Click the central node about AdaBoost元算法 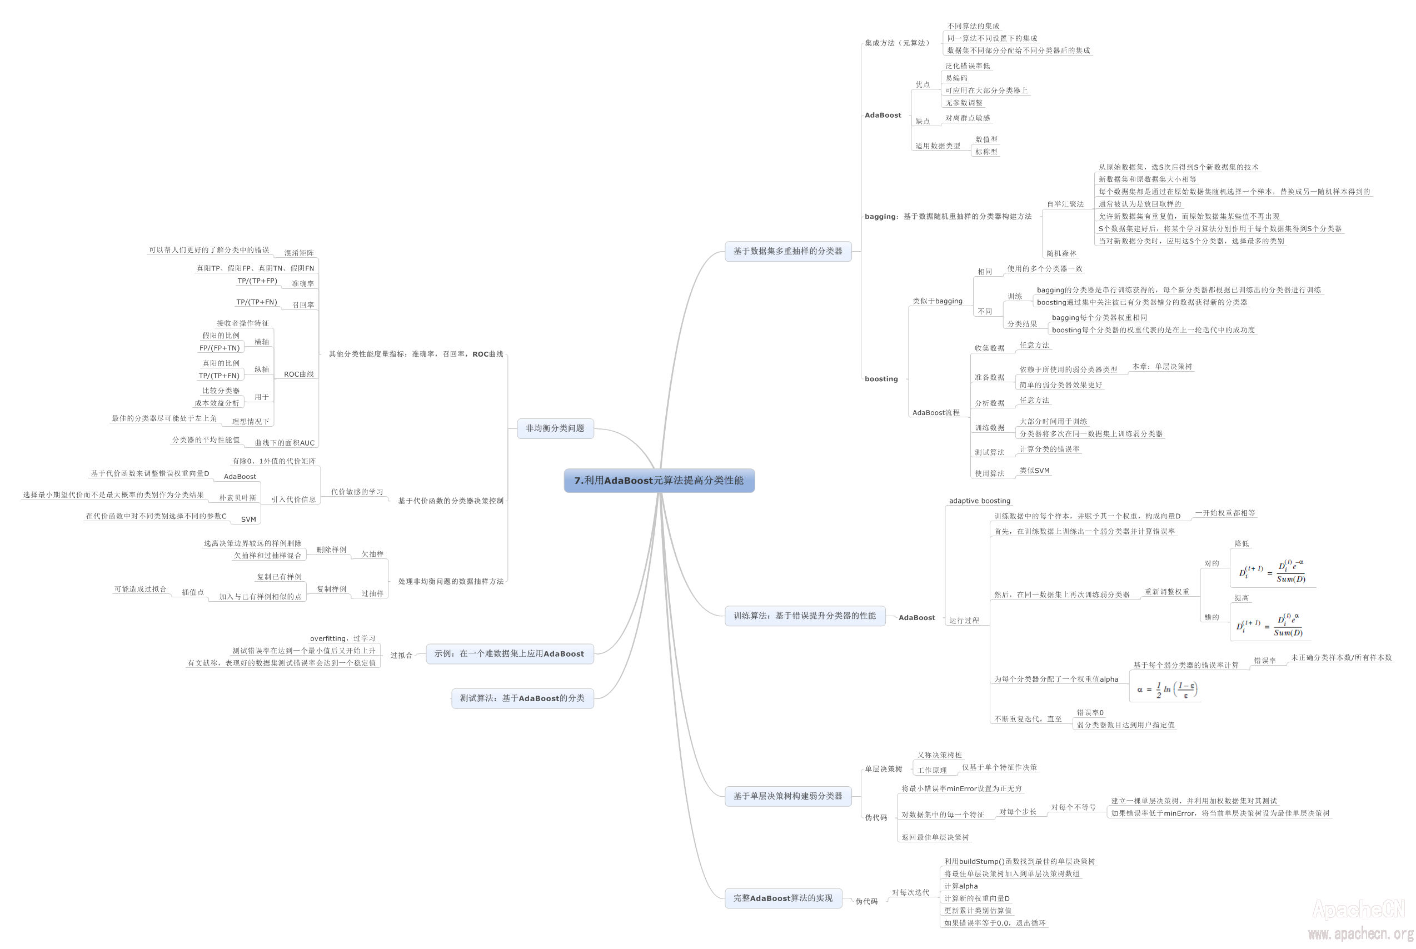coord(659,481)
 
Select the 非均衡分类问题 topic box coord(555,428)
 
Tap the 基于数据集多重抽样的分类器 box coord(787,251)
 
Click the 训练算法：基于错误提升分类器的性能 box coord(805,616)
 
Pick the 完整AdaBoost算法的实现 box coord(783,898)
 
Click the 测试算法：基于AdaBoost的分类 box coord(522,698)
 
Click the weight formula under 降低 coord(1272,571)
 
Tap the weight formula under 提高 coord(1269,625)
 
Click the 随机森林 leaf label coord(1061,253)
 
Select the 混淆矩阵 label coord(299,253)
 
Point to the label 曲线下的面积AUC coord(285,443)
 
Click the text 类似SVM coord(1035,470)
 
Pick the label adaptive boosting coord(980,501)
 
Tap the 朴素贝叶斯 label coord(237,498)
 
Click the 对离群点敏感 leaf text coord(968,118)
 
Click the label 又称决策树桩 coord(940,755)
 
